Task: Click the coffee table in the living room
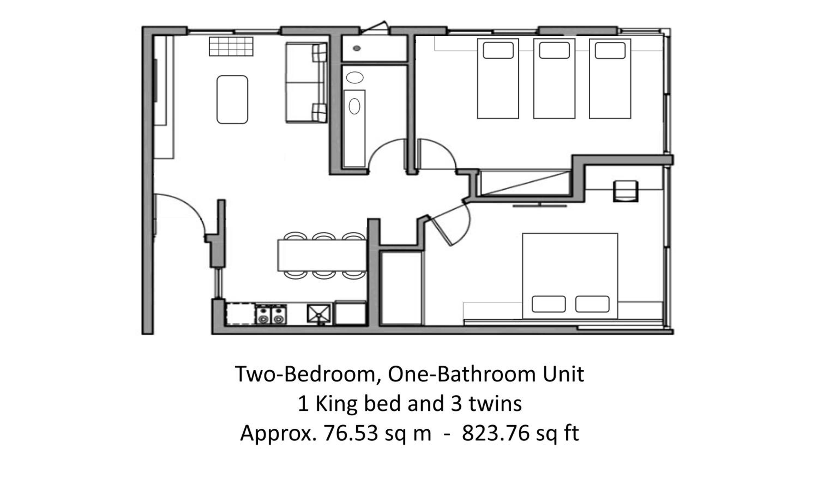(232, 100)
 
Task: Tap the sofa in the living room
(306, 82)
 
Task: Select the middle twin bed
(554, 78)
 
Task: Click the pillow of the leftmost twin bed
(498, 51)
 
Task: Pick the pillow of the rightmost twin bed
(610, 51)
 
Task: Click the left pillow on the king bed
(549, 304)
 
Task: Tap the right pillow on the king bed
(592, 304)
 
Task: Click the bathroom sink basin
(354, 77)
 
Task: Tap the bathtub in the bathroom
(354, 128)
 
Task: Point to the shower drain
(357, 48)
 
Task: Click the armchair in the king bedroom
(625, 191)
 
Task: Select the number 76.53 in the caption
(351, 433)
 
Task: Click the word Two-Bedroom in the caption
(308, 374)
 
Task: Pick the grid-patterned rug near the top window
(231, 46)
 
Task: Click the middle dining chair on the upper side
(323, 236)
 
